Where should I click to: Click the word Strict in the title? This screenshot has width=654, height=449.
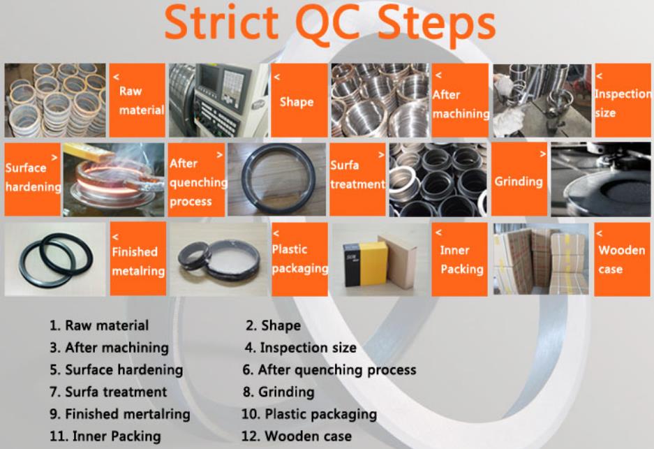click(x=221, y=22)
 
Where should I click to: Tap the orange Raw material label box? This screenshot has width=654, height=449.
click(x=138, y=100)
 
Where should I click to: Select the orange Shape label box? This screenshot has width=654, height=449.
click(x=299, y=100)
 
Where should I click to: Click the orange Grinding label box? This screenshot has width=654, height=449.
click(x=519, y=179)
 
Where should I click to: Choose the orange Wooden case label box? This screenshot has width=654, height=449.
click(x=622, y=260)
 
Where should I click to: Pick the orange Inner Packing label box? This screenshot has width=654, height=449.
click(x=460, y=260)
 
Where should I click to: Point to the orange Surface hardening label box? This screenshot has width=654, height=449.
click(x=33, y=179)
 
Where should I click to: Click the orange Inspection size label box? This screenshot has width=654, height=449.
click(x=623, y=100)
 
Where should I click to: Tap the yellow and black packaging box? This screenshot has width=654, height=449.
click(x=365, y=265)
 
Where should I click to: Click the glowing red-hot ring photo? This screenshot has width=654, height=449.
click(x=114, y=179)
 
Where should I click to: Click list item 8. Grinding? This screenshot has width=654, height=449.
click(x=278, y=392)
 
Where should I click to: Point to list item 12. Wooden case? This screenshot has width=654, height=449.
click(x=297, y=436)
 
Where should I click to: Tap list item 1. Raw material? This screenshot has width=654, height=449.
click(x=99, y=325)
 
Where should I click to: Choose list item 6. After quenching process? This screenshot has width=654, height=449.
click(x=329, y=369)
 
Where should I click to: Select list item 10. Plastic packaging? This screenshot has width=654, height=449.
click(x=309, y=414)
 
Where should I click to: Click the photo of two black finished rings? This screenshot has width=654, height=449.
click(x=55, y=260)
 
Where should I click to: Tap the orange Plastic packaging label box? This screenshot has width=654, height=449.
click(x=300, y=260)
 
